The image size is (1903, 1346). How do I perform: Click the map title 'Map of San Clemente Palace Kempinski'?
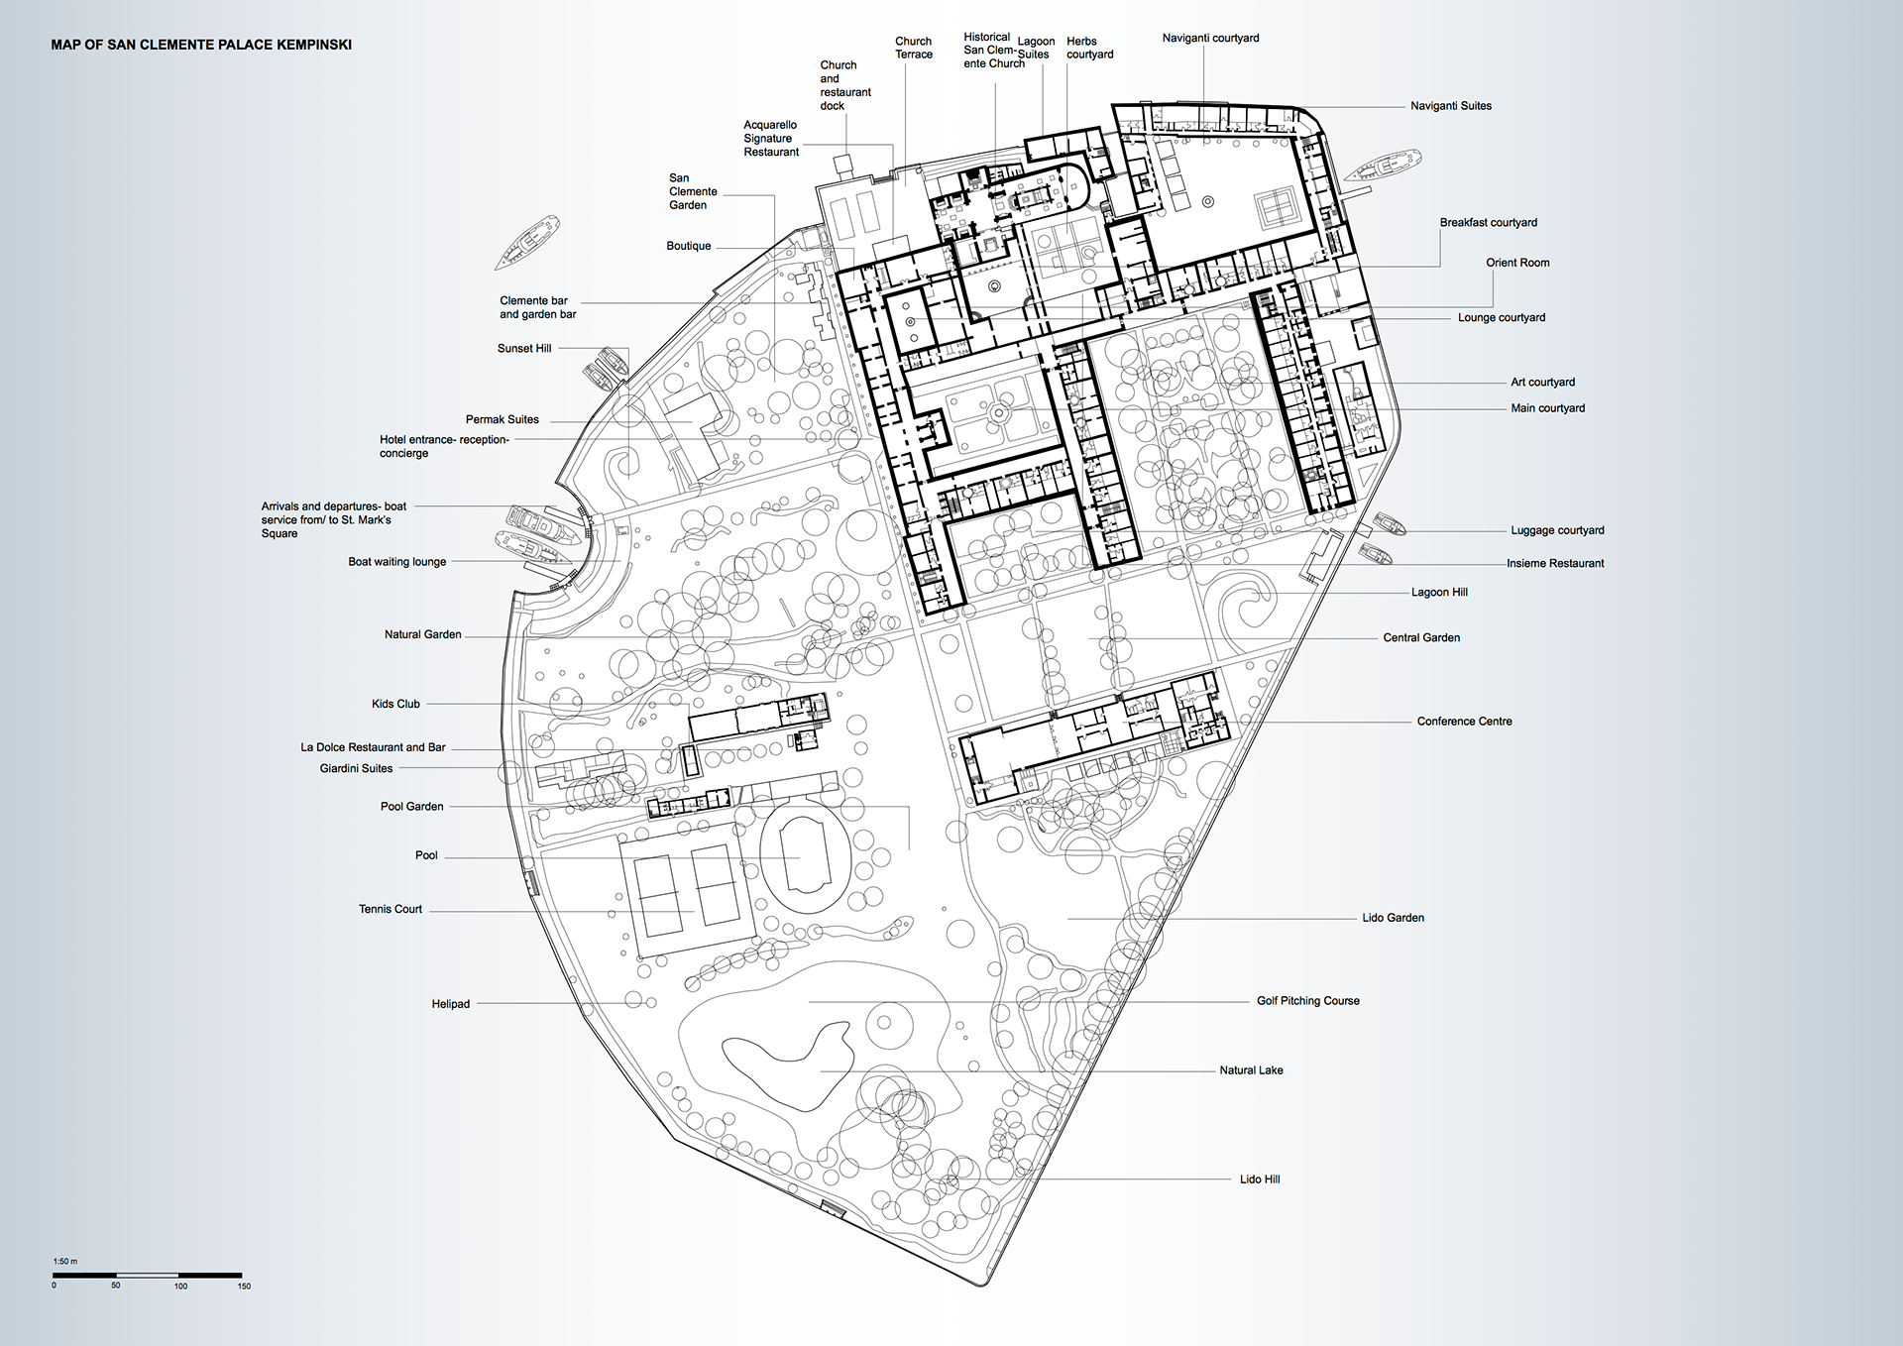(x=201, y=45)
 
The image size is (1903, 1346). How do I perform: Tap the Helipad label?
(x=451, y=1004)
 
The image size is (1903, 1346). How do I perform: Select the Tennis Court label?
(x=391, y=909)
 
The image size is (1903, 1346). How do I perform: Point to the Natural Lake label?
(x=1251, y=1070)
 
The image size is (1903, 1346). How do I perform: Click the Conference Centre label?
(x=1464, y=722)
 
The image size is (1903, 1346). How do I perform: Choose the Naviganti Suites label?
(x=1451, y=106)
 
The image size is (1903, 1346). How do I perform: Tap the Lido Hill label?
(x=1260, y=1179)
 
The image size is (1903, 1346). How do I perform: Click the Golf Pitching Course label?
(x=1308, y=1001)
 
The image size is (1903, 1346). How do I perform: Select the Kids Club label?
(x=395, y=704)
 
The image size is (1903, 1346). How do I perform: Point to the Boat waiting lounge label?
(x=397, y=562)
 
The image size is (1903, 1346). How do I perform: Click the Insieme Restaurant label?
(x=1555, y=563)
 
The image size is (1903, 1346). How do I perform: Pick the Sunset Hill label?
(x=524, y=349)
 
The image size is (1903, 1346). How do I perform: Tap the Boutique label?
(x=689, y=246)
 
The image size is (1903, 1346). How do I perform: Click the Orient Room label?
(x=1517, y=263)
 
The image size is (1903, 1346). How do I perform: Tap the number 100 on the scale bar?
(x=180, y=1287)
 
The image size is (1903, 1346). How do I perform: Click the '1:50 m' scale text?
(x=65, y=1262)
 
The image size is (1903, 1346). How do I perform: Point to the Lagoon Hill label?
(x=1439, y=593)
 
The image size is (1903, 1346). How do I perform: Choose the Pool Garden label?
(x=412, y=807)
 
